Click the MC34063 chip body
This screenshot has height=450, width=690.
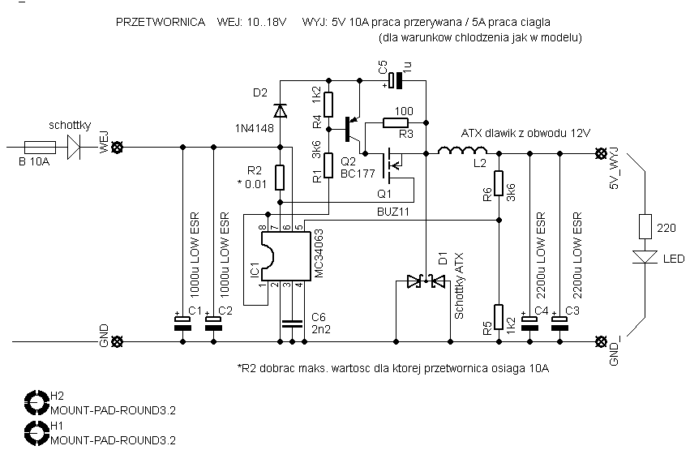coord(286,255)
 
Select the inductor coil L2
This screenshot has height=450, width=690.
coord(461,151)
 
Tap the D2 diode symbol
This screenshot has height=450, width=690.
coord(280,111)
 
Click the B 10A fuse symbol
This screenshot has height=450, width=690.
coord(40,147)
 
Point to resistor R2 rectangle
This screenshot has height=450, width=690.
coord(280,178)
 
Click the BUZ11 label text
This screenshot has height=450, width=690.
coord(393,212)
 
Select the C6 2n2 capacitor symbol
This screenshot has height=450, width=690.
coord(292,324)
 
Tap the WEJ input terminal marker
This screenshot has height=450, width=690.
coord(117,148)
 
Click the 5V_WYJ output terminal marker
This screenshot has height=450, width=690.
coord(600,153)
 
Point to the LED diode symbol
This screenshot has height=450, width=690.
coord(645,257)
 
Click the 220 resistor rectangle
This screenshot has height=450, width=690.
coord(645,226)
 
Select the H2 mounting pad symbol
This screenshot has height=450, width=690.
coord(36,402)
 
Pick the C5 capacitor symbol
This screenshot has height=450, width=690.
coord(395,80)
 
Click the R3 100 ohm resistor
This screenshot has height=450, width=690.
coord(395,122)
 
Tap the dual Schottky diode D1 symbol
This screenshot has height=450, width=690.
coord(426,281)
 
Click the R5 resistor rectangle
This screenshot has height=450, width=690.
coord(499,317)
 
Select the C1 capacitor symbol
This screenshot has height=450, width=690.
coord(182,323)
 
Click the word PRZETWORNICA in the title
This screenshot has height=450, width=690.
coord(161,22)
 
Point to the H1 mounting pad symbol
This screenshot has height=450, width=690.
coord(36,432)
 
